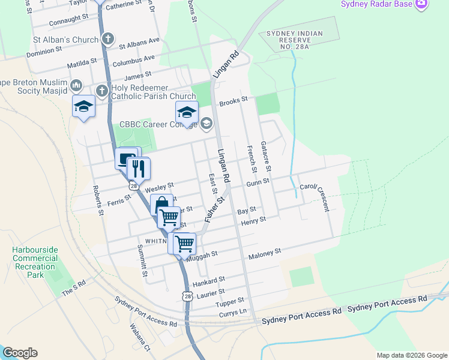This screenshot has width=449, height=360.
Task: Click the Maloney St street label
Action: point(265,254)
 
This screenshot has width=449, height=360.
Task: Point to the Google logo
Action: point(20,353)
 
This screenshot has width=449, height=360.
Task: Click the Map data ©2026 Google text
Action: point(412,355)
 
